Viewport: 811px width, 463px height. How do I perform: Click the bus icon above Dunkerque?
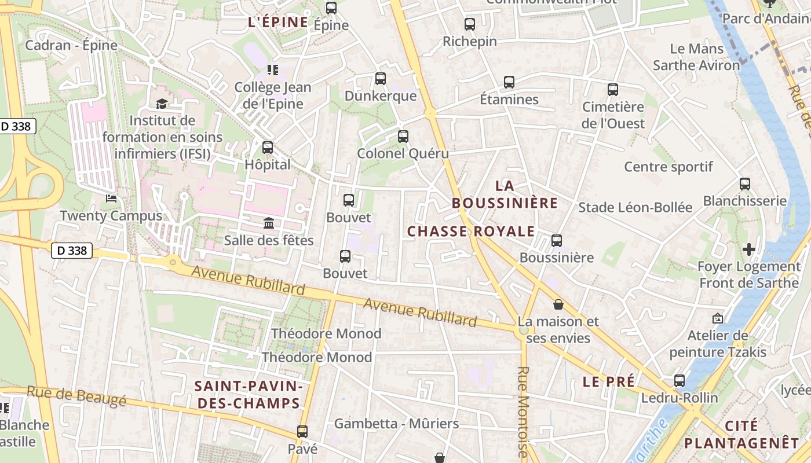click(381, 79)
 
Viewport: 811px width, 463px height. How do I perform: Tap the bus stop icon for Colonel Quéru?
click(403, 137)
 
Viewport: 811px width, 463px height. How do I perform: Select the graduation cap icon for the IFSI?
click(162, 104)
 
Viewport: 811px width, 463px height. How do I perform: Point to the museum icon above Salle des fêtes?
click(269, 223)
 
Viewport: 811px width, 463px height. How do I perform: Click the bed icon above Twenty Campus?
click(111, 199)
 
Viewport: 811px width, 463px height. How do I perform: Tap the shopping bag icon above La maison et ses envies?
click(558, 304)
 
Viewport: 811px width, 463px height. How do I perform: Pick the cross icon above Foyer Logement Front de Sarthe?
click(749, 249)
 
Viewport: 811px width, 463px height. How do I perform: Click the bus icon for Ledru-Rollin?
click(680, 381)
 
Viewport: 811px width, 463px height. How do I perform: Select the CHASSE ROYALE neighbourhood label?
click(471, 231)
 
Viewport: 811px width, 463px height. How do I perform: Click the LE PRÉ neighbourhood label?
click(608, 381)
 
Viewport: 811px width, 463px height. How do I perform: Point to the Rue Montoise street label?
click(523, 411)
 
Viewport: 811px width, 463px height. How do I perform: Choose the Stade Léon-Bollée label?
click(635, 207)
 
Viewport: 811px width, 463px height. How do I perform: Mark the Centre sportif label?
click(668, 167)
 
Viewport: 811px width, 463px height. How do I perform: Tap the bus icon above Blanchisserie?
click(745, 184)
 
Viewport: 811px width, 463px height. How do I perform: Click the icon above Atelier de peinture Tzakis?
click(718, 318)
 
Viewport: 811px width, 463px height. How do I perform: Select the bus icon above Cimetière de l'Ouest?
click(613, 90)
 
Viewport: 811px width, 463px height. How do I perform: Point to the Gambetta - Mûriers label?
click(396, 424)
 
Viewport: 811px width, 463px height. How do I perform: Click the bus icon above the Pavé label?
click(302, 431)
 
